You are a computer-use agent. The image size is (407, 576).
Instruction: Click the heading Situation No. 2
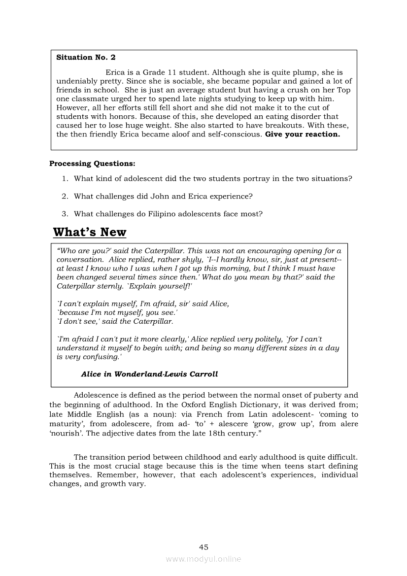pyautogui.click(x=86, y=57)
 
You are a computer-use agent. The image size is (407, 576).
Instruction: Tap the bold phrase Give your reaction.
pyautogui.click(x=302, y=135)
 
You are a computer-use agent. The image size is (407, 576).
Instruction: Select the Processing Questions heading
pyautogui.click(x=92, y=163)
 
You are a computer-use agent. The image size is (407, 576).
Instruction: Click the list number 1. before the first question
pyautogui.click(x=65, y=178)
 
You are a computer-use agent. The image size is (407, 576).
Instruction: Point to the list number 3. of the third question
pyautogui.click(x=65, y=214)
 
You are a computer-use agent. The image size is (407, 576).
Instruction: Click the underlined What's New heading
pyautogui.click(x=89, y=232)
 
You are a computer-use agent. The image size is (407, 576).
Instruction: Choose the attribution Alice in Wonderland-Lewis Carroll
pyautogui.click(x=149, y=374)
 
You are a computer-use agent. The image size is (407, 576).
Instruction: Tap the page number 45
pyautogui.click(x=203, y=547)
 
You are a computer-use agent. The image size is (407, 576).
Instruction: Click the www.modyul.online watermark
pyautogui.click(x=203, y=559)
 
